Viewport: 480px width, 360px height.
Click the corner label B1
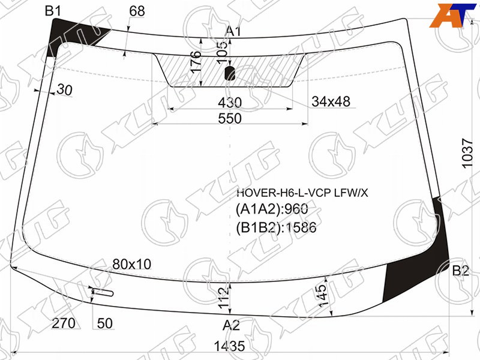coord(53,11)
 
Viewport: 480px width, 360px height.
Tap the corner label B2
coord(461,271)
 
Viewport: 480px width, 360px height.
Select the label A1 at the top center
coord(233,31)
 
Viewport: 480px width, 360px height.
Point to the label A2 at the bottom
coord(231,325)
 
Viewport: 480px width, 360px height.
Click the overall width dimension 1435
coord(229,347)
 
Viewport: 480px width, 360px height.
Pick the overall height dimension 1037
coord(468,154)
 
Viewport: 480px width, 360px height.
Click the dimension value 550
coord(230,118)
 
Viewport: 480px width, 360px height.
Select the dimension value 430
coord(230,102)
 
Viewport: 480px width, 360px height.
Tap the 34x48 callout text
coord(331,101)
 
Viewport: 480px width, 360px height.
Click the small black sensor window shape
coord(230,73)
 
